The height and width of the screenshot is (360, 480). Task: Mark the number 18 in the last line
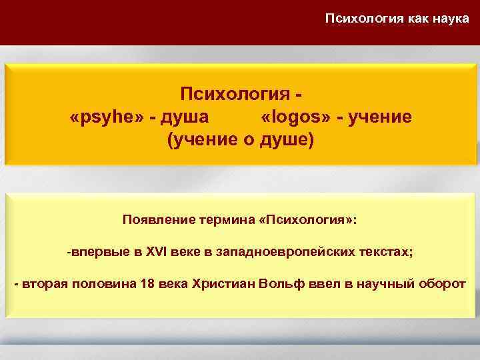(149, 283)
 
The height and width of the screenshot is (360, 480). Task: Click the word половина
(101, 283)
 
